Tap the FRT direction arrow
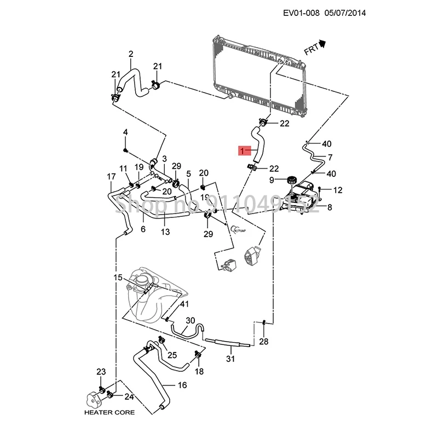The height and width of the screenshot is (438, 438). click(322, 44)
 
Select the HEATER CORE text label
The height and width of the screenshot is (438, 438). click(108, 412)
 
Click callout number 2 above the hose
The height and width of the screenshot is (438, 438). click(131, 54)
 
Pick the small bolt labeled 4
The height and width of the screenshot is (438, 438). click(126, 149)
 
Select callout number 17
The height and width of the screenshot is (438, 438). click(111, 176)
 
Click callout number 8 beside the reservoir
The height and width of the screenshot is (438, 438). click(330, 208)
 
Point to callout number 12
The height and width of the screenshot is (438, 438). click(338, 190)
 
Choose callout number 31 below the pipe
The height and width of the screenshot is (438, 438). click(230, 359)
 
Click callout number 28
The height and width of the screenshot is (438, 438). click(264, 342)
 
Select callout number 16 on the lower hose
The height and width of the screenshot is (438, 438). click(182, 385)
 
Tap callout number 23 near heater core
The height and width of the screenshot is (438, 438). click(101, 372)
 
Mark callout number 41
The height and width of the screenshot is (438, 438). click(185, 304)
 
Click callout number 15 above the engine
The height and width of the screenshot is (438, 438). click(118, 278)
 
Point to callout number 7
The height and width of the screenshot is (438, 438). click(330, 158)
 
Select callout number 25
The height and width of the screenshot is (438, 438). click(172, 355)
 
